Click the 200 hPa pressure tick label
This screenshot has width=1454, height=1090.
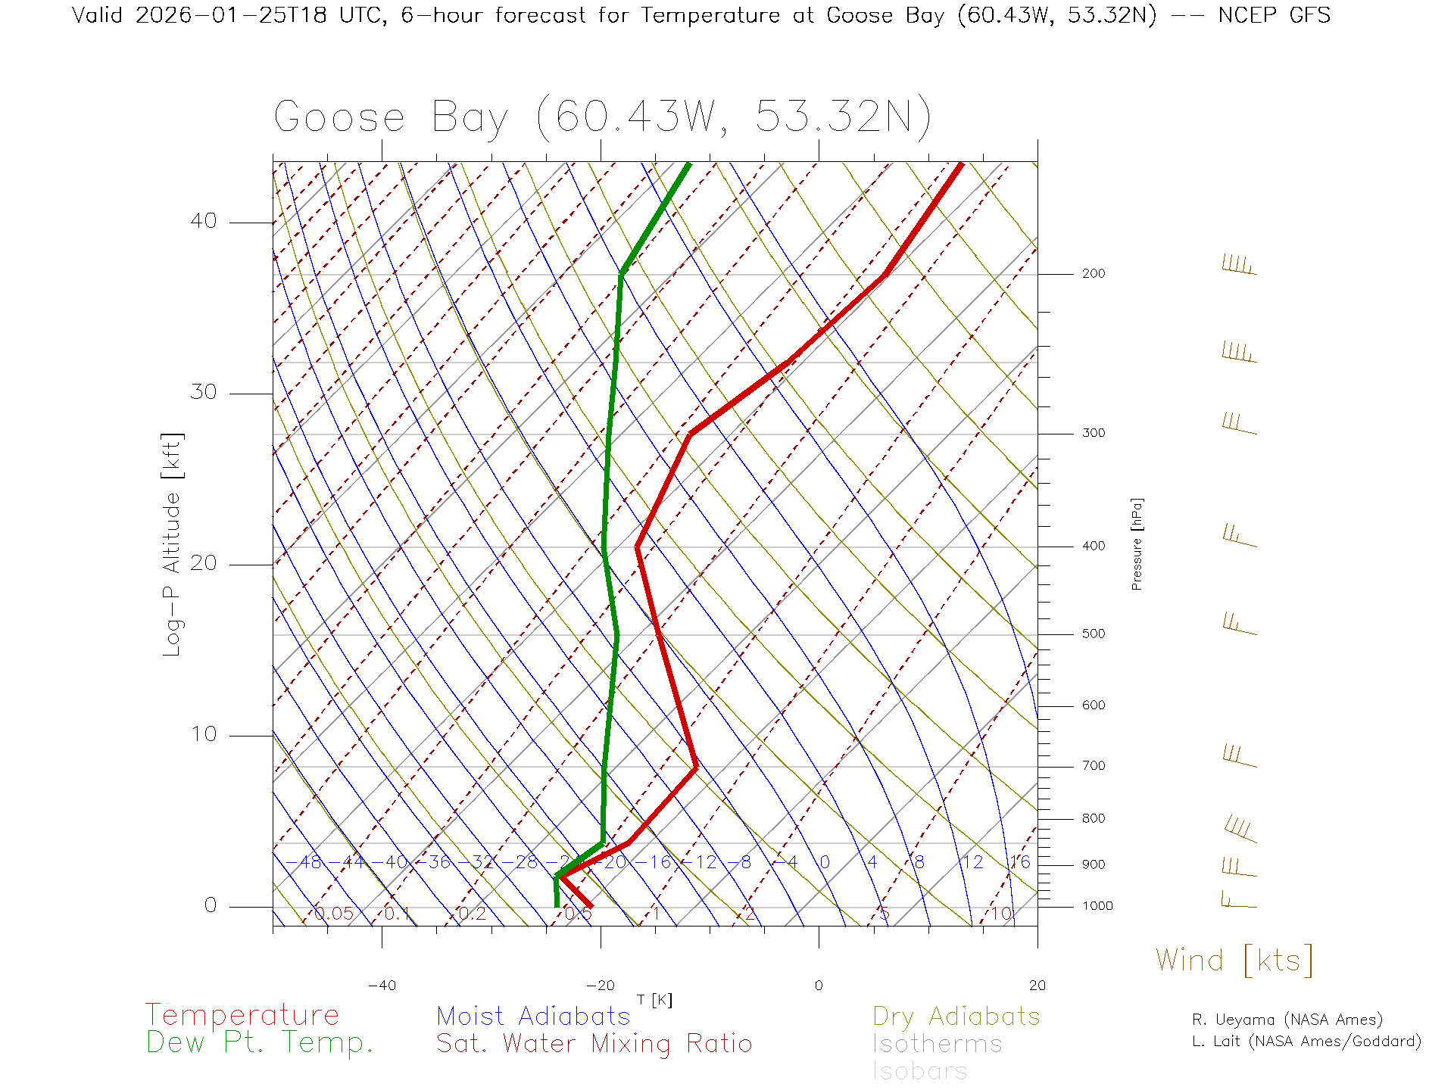[1093, 273]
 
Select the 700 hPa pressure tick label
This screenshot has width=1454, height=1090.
[1093, 766]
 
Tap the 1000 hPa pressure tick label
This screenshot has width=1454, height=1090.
[1097, 906]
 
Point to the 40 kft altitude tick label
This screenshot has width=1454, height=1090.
[204, 221]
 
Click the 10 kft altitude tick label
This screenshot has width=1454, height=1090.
[204, 734]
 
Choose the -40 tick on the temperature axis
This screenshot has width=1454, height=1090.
[382, 986]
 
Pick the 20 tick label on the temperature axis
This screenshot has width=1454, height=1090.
[1037, 986]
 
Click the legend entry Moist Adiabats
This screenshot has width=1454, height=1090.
[533, 1016]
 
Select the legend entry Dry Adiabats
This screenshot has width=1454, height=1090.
[956, 1016]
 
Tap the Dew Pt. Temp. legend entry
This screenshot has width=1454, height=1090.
[260, 1043]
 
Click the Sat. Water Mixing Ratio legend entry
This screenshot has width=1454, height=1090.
[594, 1043]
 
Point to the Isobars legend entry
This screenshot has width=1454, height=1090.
[919, 1071]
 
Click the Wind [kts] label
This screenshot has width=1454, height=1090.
[1234, 960]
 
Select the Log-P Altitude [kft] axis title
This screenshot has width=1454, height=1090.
[173, 545]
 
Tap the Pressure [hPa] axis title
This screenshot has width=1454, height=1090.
[1137, 543]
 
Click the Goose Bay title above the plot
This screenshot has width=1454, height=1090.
[602, 117]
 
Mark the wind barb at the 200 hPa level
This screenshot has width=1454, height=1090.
[1239, 266]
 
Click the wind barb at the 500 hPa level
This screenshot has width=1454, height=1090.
[1239, 625]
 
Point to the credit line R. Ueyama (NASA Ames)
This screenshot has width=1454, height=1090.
[1287, 1020]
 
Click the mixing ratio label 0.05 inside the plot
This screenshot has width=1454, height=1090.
[334, 914]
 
